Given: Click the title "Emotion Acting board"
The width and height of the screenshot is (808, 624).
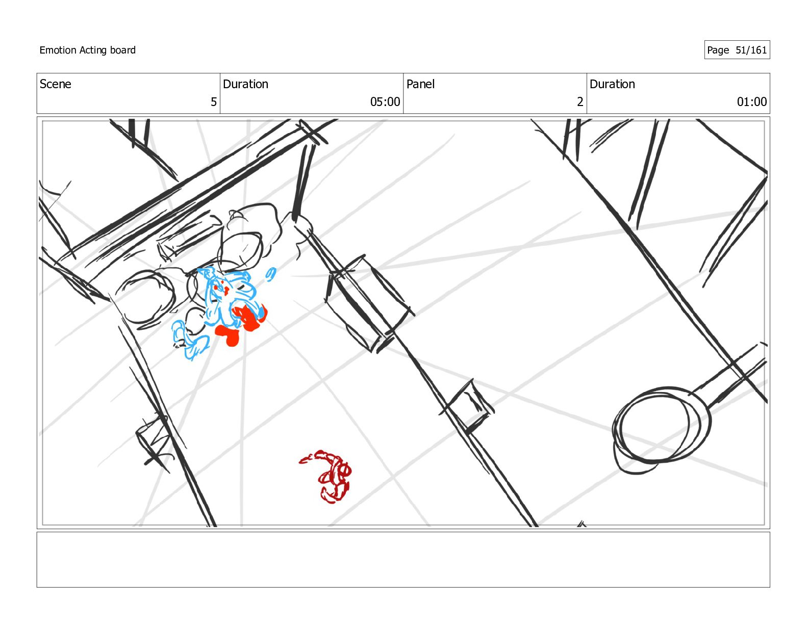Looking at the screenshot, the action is point(87,50).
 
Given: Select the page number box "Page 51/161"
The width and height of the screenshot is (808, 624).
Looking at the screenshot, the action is point(737,50).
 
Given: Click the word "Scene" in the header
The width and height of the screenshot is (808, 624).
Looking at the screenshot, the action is point(56,84).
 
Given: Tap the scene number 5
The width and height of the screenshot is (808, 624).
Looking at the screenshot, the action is point(213,102).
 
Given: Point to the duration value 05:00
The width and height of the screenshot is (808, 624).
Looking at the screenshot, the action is point(385,102).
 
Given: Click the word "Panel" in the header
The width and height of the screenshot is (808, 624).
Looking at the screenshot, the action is point(420,84).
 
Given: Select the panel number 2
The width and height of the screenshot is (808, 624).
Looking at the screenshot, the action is point(579,102).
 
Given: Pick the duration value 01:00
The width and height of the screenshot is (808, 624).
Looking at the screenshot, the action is point(751,102).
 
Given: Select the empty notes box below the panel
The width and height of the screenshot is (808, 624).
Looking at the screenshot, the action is point(403,560).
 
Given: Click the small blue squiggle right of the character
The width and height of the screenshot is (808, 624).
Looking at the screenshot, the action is point(271,274).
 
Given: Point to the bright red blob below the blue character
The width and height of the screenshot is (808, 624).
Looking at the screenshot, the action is point(228,334).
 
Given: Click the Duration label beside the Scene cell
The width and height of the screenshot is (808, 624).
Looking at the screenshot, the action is point(245,84).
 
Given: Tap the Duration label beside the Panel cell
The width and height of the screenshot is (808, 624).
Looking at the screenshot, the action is point(612,84).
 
